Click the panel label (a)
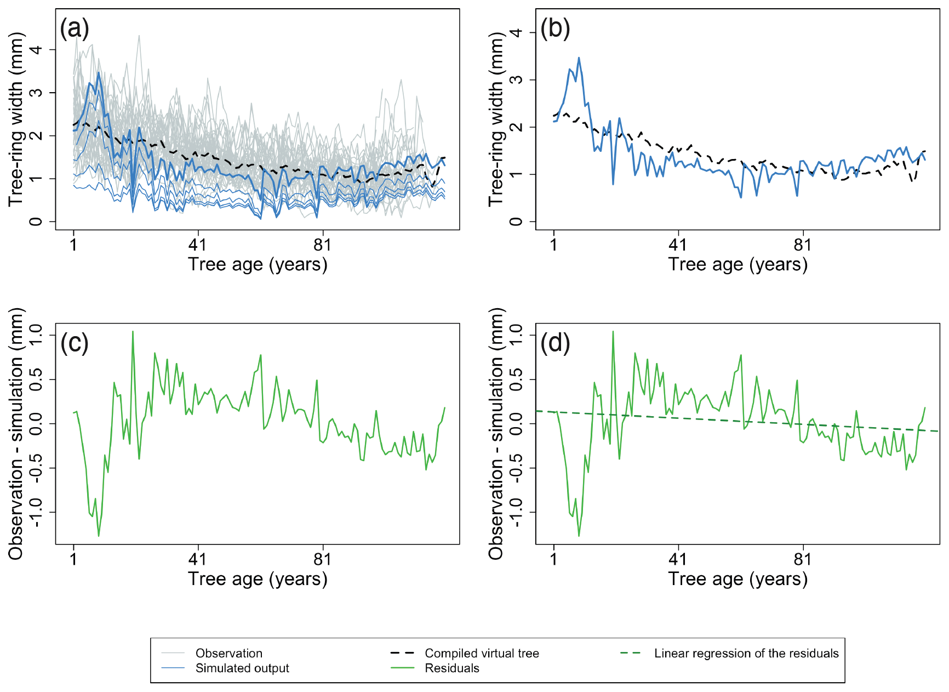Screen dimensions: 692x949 tap(75, 29)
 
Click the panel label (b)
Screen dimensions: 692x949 tap(555, 29)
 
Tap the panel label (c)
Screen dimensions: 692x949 tap(75, 343)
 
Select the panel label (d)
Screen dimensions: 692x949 tap(555, 343)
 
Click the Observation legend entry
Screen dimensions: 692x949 tap(228, 653)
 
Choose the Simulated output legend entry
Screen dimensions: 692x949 tap(242, 668)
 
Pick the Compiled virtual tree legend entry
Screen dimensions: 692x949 tap(482, 653)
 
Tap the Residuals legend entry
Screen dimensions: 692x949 tap(451, 668)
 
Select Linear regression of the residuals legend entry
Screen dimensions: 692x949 tap(746, 653)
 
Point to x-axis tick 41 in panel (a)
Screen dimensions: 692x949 tap(197, 244)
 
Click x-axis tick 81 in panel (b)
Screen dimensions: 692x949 tap(803, 244)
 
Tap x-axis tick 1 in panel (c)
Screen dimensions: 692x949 tap(73, 559)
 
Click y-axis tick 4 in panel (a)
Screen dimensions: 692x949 tap(36, 50)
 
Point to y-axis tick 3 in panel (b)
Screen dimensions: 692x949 tap(516, 80)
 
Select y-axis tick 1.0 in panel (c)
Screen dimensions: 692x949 tap(36, 334)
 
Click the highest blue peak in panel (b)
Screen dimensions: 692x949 tap(579, 58)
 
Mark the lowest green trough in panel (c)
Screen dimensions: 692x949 tap(99, 536)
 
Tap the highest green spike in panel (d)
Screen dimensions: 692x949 tap(613, 331)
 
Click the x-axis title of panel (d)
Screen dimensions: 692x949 tap(738, 579)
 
